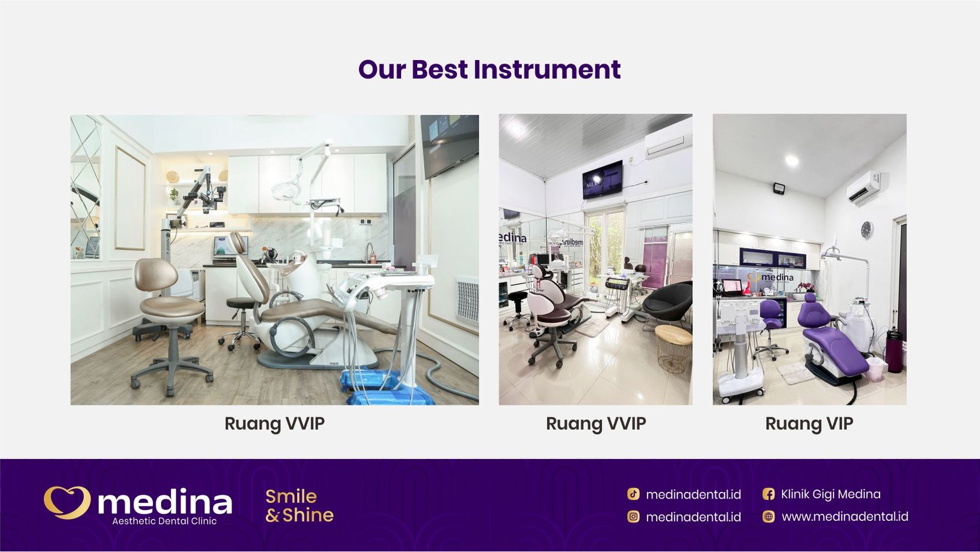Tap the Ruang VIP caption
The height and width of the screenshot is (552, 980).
[809, 423]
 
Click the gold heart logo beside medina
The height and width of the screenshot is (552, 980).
[67, 502]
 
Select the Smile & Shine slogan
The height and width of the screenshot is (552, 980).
[299, 505]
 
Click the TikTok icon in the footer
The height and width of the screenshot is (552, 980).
[633, 494]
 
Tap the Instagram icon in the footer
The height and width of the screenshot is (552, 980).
[633, 516]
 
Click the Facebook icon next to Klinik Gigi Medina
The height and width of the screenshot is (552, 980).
[768, 494]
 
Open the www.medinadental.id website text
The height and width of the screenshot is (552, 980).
[845, 516]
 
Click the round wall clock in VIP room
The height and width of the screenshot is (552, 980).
[867, 230]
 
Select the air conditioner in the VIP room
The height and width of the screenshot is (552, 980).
[864, 187]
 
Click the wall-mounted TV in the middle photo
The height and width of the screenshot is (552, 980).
[602, 180]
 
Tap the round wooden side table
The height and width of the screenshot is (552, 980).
[673, 348]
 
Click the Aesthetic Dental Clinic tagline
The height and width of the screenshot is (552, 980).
[164, 521]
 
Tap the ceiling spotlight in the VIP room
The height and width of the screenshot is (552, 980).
[792, 161]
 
